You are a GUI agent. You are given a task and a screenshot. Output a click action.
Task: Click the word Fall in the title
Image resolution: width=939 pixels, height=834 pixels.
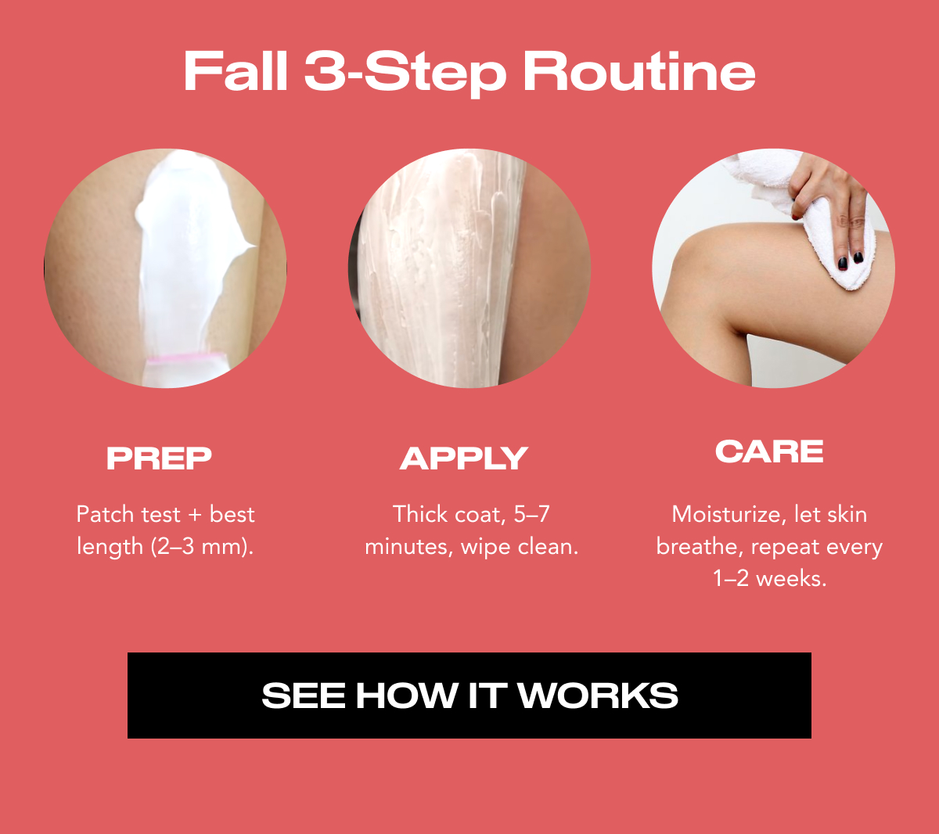coord(236,72)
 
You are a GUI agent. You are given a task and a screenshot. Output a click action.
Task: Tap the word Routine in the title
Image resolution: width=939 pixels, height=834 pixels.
coord(639,72)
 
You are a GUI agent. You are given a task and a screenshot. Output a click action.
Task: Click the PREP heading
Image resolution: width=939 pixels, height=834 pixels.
coord(160,458)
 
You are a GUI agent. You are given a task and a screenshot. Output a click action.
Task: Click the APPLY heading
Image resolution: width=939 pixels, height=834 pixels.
coord(464,458)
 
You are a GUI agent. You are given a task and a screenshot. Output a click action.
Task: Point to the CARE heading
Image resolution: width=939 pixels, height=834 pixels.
coord(769,451)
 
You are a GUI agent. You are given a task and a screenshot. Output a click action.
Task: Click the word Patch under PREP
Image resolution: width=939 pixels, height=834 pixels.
coord(105,514)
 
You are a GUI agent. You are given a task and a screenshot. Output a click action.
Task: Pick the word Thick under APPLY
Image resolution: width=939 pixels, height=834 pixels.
coord(419,514)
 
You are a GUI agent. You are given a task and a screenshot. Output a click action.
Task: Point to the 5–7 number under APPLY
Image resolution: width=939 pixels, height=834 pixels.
coord(532,514)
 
